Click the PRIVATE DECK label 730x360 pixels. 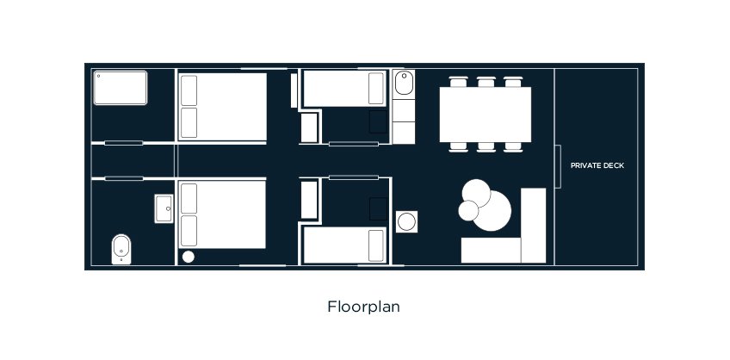597,165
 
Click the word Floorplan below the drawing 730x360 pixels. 363,307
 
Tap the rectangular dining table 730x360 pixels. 486,115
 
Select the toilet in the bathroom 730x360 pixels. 121,249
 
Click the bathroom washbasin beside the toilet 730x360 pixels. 164,208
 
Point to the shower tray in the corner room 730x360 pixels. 121,88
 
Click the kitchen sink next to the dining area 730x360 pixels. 404,83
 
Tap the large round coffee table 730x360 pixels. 492,211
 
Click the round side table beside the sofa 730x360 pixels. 406,221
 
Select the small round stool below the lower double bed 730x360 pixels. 188,257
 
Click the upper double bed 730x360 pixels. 223,107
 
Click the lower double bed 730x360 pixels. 222,214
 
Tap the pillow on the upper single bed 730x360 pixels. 376,88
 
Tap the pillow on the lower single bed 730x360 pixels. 376,245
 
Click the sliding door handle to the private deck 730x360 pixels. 558,167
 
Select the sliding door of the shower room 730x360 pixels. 123,143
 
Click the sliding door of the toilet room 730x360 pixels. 124,178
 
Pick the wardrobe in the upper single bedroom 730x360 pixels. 309,127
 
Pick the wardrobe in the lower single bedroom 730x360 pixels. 309,200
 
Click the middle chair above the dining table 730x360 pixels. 486,82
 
